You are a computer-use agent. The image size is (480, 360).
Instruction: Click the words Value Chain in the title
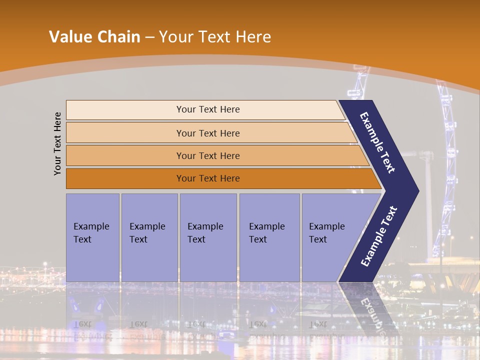click(94, 37)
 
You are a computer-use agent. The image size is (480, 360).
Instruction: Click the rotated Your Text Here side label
click(58, 143)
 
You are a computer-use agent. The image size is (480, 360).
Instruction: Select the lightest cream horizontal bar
click(125, 110)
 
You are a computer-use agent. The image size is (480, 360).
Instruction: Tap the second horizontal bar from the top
click(125, 133)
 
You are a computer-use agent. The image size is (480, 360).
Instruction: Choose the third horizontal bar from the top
click(125, 155)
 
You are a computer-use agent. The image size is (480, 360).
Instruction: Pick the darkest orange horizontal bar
click(125, 178)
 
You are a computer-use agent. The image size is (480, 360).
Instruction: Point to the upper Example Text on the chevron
click(377, 142)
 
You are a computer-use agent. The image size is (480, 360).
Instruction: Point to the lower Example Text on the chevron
click(378, 236)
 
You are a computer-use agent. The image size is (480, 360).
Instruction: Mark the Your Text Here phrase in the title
click(215, 37)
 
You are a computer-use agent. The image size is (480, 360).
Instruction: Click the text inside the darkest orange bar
click(208, 178)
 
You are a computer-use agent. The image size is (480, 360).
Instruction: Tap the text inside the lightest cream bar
click(208, 109)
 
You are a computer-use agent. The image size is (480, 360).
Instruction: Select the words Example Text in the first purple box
click(91, 232)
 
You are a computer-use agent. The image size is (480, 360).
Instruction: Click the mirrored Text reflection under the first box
click(82, 323)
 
